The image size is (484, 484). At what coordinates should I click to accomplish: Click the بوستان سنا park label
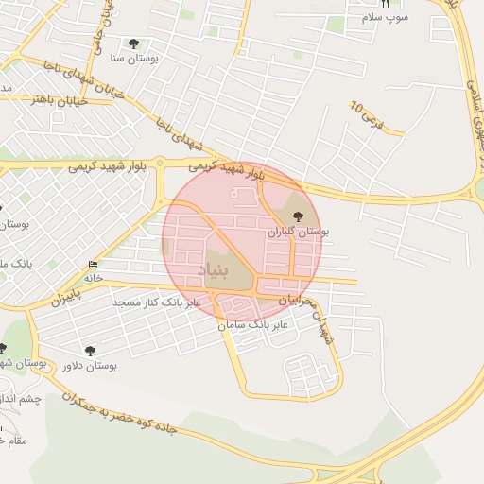[x=132, y=58]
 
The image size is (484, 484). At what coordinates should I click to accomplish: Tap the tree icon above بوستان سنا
[x=132, y=43]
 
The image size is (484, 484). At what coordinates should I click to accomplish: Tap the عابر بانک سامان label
[x=258, y=324]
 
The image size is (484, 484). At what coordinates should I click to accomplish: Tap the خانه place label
[x=93, y=278]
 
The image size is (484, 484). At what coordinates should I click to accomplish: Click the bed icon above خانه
[x=92, y=264]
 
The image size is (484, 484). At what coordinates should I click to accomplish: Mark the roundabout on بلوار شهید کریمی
[x=161, y=164]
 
